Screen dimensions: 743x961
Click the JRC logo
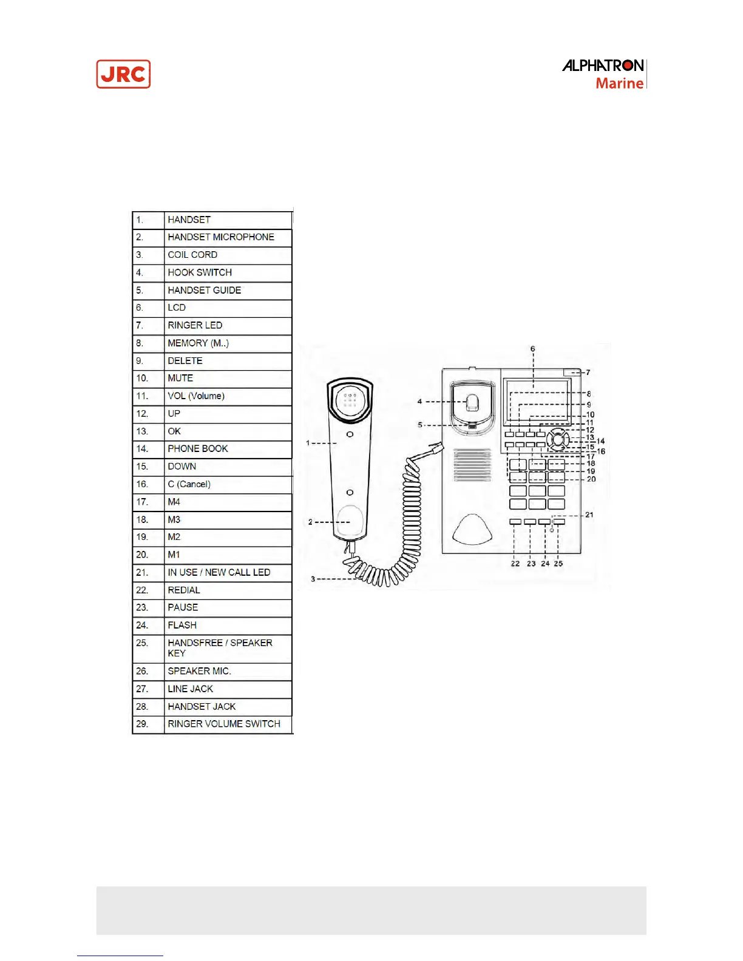click(x=123, y=74)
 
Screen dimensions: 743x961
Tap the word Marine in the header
click(x=619, y=83)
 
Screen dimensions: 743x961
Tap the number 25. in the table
click(x=142, y=643)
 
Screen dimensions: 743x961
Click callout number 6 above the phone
click(x=533, y=349)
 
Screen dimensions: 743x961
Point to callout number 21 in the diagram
click(x=589, y=515)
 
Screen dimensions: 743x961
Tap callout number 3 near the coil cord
click(x=313, y=579)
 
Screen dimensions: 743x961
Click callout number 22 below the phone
click(x=515, y=564)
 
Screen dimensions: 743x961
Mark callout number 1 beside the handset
click(x=308, y=443)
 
